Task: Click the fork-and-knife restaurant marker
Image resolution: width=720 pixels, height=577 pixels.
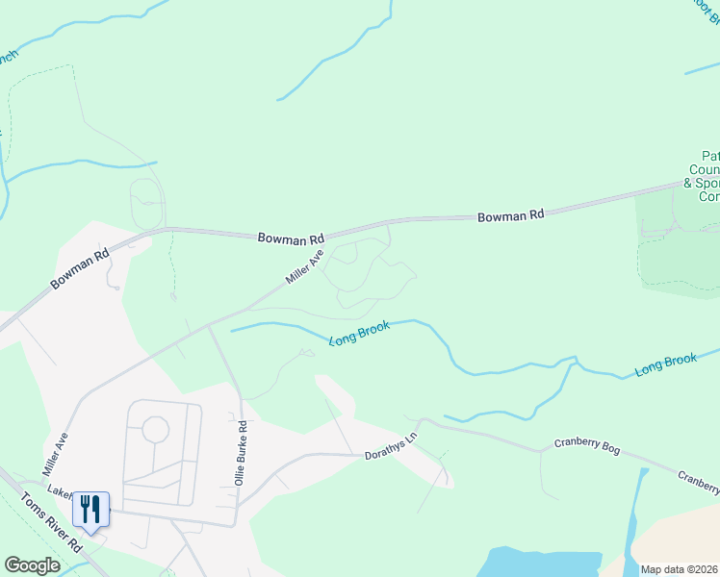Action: click(90, 509)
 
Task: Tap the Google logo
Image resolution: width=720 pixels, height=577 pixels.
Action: click(33, 565)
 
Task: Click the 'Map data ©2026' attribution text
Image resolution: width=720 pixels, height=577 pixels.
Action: click(680, 569)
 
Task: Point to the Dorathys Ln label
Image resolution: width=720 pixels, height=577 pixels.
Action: click(392, 447)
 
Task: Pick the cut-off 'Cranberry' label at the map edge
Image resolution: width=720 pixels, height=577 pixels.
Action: click(698, 478)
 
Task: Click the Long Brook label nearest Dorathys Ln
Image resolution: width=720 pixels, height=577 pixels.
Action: click(359, 334)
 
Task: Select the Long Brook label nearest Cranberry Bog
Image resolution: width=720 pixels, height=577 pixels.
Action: click(665, 364)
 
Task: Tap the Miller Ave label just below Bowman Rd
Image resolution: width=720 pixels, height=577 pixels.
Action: click(304, 267)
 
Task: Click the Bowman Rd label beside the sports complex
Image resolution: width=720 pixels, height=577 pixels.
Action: click(511, 215)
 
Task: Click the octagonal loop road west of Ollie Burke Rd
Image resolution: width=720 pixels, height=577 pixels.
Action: click(154, 429)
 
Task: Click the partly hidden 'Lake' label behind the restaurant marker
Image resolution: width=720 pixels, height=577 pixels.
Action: click(60, 492)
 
